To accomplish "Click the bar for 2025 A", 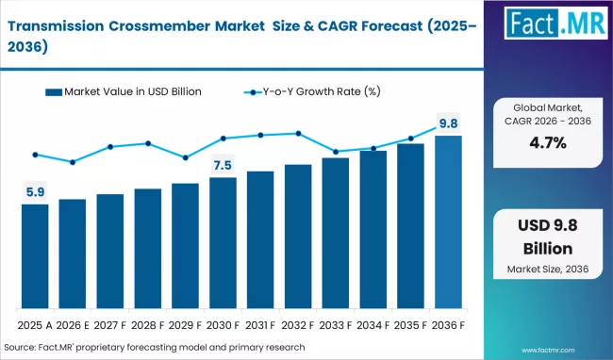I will click(x=35, y=257).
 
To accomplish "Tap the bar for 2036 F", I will click(x=448, y=223).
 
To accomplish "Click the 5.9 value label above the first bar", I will click(x=35, y=192).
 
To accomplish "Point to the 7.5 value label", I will click(x=223, y=166).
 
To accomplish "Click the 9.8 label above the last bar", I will click(x=448, y=123).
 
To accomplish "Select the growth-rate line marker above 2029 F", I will click(x=185, y=157).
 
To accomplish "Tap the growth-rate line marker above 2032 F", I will click(x=298, y=133).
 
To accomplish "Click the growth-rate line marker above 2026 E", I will click(x=73, y=162).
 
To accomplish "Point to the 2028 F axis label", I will click(x=148, y=326).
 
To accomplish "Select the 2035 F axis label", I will click(x=410, y=326).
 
